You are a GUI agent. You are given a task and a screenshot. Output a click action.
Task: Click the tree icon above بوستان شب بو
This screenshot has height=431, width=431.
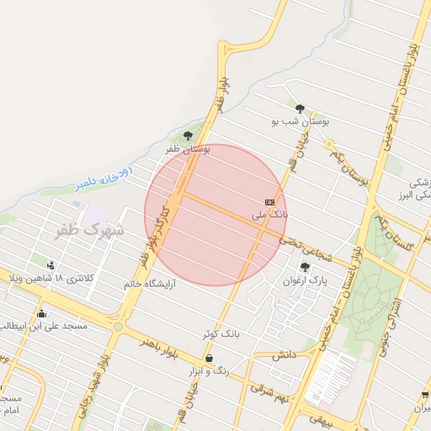(x=300, y=108)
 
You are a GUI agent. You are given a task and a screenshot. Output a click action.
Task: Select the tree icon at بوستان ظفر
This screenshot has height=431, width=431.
(x=188, y=135)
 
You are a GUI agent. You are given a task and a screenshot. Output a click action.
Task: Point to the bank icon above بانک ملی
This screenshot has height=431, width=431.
(x=269, y=202)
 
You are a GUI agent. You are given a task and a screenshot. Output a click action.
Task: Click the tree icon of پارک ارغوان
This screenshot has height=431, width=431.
(x=305, y=267)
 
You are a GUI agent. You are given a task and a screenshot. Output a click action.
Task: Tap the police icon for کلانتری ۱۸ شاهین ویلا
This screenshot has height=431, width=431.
(x=52, y=265)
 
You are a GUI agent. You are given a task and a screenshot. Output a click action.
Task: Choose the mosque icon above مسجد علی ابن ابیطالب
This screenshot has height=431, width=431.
(x=41, y=314)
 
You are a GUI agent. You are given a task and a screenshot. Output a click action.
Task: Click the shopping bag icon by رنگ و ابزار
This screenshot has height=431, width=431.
(x=209, y=359)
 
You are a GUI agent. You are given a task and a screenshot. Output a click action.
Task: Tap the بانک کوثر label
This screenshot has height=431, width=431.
(x=221, y=334)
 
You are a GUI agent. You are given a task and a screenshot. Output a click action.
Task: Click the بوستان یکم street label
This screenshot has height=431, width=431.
(x=349, y=169)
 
